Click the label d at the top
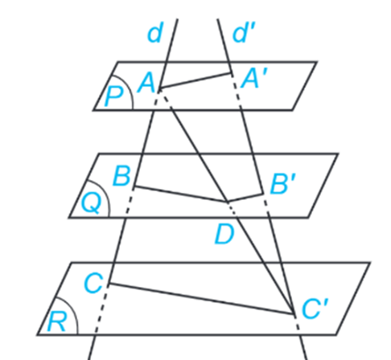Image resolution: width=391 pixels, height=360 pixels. [154, 34]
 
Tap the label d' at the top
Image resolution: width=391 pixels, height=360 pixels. [244, 33]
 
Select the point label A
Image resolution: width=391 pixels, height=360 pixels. [146, 83]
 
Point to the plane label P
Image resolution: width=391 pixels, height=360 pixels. [114, 96]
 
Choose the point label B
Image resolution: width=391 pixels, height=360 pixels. [122, 176]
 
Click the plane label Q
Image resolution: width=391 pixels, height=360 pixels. [91, 203]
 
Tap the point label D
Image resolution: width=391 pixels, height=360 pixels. [224, 235]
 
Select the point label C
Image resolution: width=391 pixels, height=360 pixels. [93, 284]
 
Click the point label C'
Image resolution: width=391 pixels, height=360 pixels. [315, 309]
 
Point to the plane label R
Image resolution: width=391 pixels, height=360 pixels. [56, 321]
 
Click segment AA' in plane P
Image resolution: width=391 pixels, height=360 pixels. [195, 80]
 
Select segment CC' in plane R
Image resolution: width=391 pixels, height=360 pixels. [202, 298]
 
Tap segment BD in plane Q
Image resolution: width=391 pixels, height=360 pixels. [181, 193]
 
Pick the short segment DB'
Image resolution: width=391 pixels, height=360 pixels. [245, 197]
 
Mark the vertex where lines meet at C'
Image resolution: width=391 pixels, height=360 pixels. [294, 313]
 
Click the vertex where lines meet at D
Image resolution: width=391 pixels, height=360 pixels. [228, 201]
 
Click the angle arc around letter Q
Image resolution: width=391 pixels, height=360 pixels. [103, 190]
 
